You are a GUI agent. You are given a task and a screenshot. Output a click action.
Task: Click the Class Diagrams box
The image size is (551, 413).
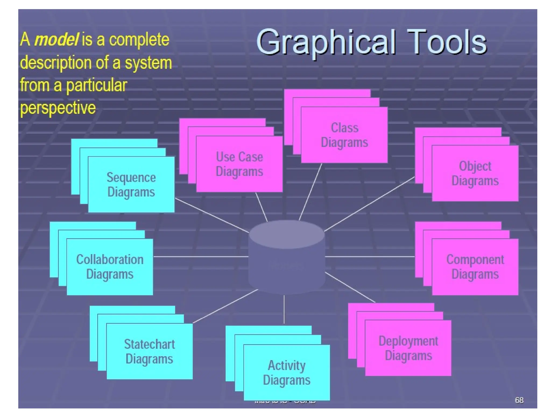[344, 135]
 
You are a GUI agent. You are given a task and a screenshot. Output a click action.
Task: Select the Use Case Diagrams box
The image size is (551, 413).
[239, 164]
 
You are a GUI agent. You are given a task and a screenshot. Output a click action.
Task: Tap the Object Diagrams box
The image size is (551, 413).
[475, 173]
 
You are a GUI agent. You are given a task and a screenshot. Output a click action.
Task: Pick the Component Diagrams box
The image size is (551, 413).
[475, 267]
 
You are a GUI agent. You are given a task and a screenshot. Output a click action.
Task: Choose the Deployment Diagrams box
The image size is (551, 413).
[408, 348]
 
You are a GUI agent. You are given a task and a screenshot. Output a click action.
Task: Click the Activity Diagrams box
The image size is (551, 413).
[287, 372]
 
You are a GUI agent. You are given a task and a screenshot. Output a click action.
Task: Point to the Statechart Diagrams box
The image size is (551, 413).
[149, 351]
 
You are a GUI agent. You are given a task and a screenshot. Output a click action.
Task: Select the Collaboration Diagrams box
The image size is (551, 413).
[110, 267]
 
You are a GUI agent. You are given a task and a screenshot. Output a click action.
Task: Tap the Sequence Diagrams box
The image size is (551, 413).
[131, 184]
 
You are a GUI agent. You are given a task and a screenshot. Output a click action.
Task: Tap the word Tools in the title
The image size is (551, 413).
[447, 42]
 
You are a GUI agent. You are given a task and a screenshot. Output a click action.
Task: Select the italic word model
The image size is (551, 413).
[56, 39]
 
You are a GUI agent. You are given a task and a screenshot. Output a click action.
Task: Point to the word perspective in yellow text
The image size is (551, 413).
[58, 108]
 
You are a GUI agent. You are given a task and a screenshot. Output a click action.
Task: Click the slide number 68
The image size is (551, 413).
[519, 400]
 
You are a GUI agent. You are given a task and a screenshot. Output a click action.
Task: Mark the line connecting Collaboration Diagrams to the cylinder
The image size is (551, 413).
[200, 257]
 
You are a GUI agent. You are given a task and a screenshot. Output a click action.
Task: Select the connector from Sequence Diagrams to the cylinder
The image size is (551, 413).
[212, 215]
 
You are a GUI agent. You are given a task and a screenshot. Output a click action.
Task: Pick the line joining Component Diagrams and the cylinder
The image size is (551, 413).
[370, 257]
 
